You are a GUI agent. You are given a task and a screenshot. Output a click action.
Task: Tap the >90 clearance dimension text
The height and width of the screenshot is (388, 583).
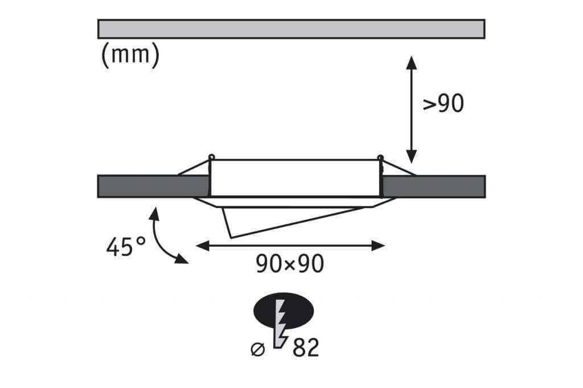click(443, 103)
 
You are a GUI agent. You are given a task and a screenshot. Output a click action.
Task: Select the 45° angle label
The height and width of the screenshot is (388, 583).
click(126, 246)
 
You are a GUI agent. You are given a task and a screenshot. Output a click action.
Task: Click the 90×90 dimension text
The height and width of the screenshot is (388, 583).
click(290, 264)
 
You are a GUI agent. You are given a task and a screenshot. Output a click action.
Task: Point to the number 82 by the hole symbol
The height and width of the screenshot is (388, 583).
click(306, 348)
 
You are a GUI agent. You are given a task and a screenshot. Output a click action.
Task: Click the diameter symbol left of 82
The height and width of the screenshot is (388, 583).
click(258, 349)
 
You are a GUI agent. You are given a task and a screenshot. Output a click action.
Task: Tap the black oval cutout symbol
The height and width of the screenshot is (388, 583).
click(284, 311)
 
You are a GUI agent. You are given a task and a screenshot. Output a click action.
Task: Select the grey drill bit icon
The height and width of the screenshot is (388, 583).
click(281, 324)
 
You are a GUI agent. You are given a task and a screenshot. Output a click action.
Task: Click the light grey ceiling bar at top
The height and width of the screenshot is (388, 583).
click(291, 29)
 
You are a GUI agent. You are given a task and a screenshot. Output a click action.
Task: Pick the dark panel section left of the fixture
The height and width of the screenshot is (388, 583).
click(153, 186)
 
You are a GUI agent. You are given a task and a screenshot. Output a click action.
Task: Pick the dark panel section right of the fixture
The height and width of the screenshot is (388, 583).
click(434, 186)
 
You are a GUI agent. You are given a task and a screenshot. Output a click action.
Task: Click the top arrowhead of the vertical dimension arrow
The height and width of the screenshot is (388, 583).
click(411, 63)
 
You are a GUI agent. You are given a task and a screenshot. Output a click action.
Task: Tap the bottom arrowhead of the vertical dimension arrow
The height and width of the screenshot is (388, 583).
click(411, 156)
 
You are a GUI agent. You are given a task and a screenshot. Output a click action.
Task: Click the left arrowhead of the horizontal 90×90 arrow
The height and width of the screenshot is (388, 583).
click(203, 246)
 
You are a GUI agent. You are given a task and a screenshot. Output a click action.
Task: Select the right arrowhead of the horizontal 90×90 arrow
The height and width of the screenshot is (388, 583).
click(378, 246)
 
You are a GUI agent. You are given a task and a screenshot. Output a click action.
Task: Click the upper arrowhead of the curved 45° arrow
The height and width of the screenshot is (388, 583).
click(154, 215)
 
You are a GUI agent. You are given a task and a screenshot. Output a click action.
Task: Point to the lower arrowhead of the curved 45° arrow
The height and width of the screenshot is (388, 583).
click(182, 259)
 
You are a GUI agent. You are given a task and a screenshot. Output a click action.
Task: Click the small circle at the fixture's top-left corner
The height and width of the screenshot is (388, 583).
click(212, 157)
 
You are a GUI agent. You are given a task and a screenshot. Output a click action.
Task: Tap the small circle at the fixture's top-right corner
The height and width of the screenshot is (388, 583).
click(380, 157)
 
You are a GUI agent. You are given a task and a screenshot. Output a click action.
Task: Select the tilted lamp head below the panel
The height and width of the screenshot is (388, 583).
click(294, 219)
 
